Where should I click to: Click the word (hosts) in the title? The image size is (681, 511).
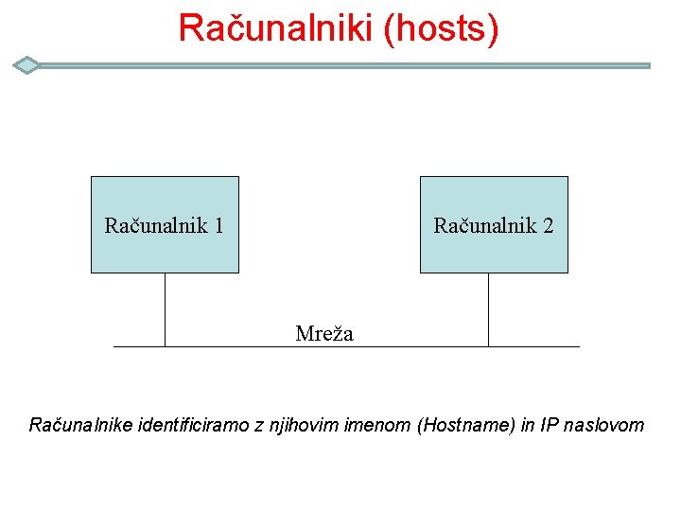(x=441, y=28)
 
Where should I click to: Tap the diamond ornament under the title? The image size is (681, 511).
(x=27, y=65)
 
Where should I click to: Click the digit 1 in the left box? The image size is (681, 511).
(x=218, y=226)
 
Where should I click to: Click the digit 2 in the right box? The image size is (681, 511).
(x=548, y=226)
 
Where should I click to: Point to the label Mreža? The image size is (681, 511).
(x=323, y=333)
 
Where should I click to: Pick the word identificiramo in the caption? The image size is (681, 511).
(x=195, y=425)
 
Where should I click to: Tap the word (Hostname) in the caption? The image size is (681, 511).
(x=465, y=425)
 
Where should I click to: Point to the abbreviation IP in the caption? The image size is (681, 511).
(x=549, y=425)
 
